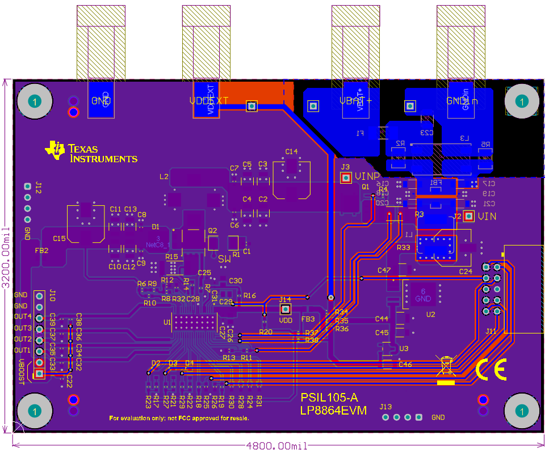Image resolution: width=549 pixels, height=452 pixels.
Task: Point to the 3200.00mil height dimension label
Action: pyautogui.click(x=6, y=259)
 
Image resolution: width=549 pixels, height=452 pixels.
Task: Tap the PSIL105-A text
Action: pyautogui.click(x=329, y=398)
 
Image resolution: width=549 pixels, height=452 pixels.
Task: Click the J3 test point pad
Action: pyautogui.click(x=345, y=178)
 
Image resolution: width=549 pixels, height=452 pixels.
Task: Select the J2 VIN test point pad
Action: pyautogui.click(x=468, y=216)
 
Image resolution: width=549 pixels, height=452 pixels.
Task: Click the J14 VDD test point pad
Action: pyautogui.click(x=286, y=309)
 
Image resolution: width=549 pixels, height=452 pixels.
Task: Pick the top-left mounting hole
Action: pyautogui.click(x=35, y=102)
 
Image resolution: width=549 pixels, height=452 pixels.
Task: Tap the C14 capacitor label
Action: pyautogui.click(x=291, y=151)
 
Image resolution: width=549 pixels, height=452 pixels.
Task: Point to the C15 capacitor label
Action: pyautogui.click(x=59, y=239)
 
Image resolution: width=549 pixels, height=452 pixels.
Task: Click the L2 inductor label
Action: pyautogui.click(x=164, y=176)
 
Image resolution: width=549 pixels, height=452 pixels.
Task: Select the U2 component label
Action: pyautogui.click(x=430, y=314)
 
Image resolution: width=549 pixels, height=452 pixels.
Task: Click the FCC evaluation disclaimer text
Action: pyautogui.click(x=179, y=418)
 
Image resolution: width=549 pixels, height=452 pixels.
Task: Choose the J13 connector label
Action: pyautogui.click(x=385, y=407)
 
